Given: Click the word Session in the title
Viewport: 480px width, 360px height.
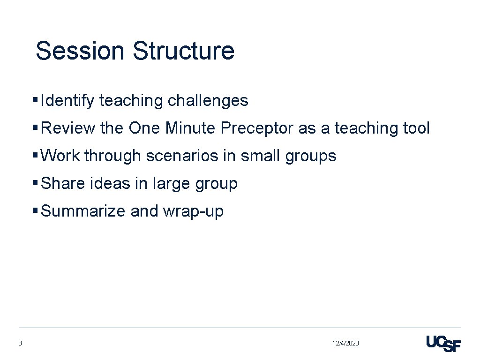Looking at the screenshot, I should [x=81, y=51].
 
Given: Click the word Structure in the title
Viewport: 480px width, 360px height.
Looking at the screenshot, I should [x=183, y=51].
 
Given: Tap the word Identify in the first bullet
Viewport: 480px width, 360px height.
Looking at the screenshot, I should [x=67, y=100].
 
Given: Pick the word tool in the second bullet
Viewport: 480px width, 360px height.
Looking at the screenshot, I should [x=415, y=128].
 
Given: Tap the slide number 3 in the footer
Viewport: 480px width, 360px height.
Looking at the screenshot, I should [x=20, y=344].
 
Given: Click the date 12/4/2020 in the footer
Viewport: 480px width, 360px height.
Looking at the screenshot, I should [x=345, y=344].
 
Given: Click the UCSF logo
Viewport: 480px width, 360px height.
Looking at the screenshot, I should [x=443, y=344].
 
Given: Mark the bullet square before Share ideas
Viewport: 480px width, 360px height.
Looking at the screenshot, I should [x=35, y=184].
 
